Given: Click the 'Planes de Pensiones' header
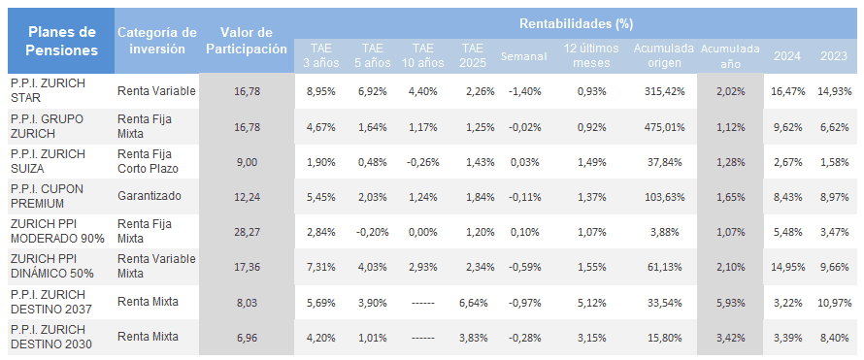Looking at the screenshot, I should pyautogui.click(x=61, y=41).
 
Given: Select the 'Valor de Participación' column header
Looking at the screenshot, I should pyautogui.click(x=247, y=41).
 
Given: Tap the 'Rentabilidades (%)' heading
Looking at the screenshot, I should pyautogui.click(x=576, y=23).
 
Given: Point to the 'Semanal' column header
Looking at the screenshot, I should pyautogui.click(x=524, y=56).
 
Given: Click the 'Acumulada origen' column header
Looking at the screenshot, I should pyautogui.click(x=664, y=55).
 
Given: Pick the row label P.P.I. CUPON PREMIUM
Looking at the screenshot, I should pyautogui.click(x=48, y=196).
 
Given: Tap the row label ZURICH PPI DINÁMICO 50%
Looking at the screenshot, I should pyautogui.click(x=52, y=266).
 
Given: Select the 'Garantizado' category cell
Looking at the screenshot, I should pyautogui.click(x=150, y=196).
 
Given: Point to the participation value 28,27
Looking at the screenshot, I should pyautogui.click(x=247, y=232).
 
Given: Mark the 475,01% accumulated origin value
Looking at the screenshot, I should pyautogui.click(x=664, y=126).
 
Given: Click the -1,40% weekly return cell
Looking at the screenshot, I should pyautogui.click(x=524, y=91).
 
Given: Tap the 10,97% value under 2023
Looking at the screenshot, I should pyautogui.click(x=835, y=302).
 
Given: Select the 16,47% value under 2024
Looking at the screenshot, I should pyautogui.click(x=788, y=91).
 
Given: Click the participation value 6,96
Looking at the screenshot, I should pyautogui.click(x=247, y=337).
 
